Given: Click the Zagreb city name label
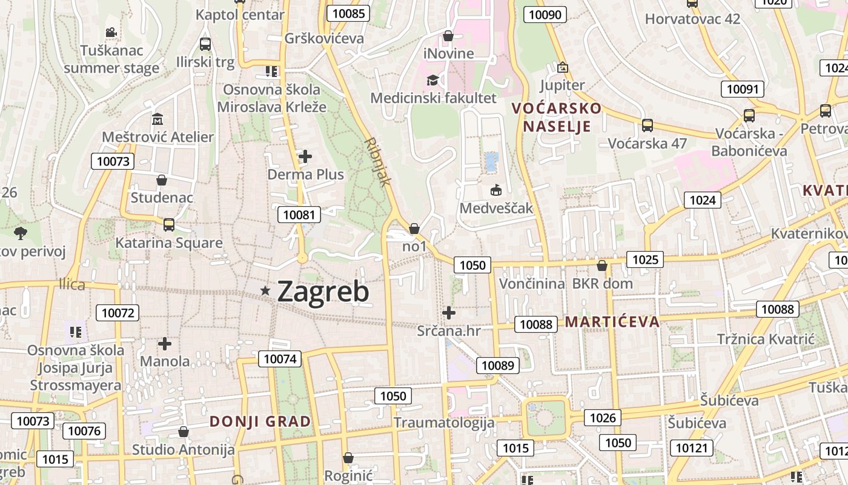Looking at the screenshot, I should tap(323, 292).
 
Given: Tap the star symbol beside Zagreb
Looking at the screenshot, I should tap(265, 291).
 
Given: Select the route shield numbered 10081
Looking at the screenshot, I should tap(299, 214).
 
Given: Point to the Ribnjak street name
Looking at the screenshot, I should tap(379, 161).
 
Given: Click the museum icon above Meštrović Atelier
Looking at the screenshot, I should tap(157, 119).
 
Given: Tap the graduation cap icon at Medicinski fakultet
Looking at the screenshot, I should tap(432, 80).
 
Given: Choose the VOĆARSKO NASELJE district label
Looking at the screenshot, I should tap(557, 117).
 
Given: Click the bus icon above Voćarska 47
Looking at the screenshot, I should tap(648, 125).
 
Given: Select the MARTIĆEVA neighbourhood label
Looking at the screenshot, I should tap(612, 321).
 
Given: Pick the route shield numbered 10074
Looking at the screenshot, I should tap(281, 359).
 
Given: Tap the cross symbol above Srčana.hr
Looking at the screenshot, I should tap(449, 313).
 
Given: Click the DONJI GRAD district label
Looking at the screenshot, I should tap(260, 421).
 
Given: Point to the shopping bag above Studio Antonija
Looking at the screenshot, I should tap(183, 432).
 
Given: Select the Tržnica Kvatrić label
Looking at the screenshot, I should tap(766, 339).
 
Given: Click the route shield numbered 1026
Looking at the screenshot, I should tap(603, 417).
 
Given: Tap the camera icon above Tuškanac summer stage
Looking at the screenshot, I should tap(111, 32).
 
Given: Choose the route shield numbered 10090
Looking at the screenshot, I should tap(545, 15).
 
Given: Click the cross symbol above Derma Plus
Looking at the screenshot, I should tap(305, 157).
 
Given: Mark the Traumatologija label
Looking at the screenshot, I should tap(444, 423).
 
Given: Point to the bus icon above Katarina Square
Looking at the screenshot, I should tap(169, 225).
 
